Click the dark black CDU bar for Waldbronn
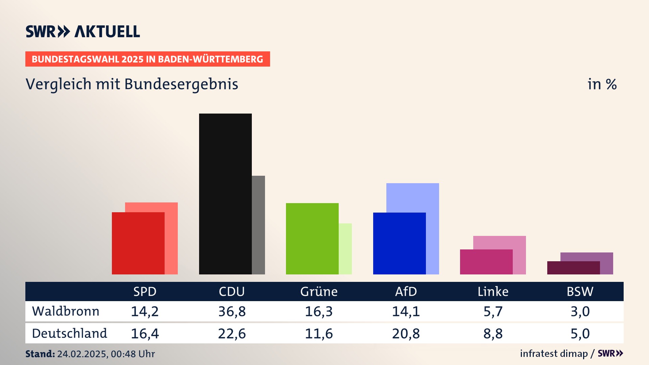[225, 194]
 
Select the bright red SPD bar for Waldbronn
[138, 243]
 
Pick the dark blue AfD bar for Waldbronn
[399, 243]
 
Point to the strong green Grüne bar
[312, 238]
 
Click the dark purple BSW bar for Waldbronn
[573, 268]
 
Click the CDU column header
[232, 292]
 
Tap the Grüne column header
[319, 292]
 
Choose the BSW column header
[580, 292]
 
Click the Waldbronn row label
[66, 311]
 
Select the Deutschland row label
[69, 334]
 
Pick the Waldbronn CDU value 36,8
[232, 311]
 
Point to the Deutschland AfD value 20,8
[406, 334]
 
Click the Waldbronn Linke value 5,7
[493, 311]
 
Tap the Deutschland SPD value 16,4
[145, 334]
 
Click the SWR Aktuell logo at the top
[83, 31]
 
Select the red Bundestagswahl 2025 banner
[147, 59]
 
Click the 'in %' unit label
[602, 84]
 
